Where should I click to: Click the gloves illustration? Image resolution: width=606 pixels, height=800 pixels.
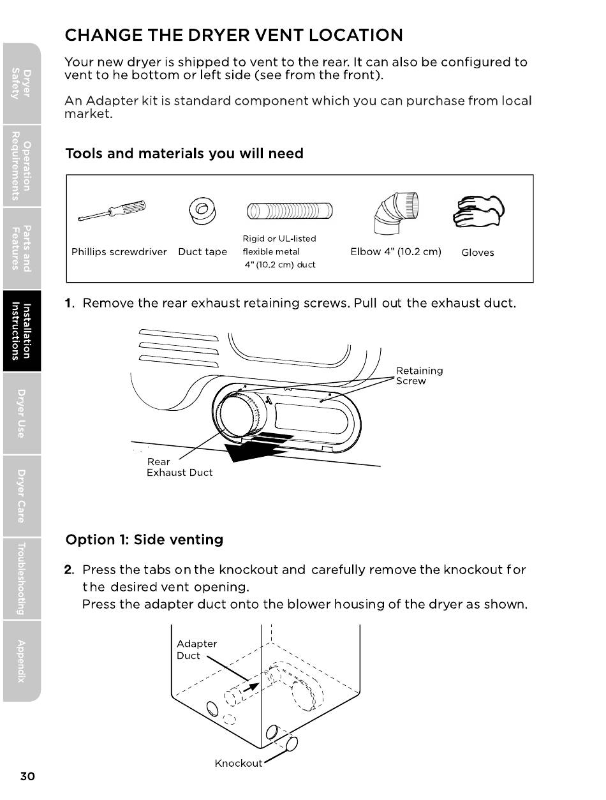coord(477,210)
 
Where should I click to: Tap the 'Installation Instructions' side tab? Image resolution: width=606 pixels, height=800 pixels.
coord(21,331)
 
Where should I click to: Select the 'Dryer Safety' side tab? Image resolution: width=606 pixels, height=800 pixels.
coord(21,83)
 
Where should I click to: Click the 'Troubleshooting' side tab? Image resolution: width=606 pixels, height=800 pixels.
coord(21,579)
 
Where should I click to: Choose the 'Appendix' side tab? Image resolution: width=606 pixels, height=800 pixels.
coord(21,660)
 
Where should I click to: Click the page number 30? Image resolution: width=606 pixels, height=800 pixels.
coord(27,776)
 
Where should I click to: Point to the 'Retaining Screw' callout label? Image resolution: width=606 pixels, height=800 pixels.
coord(419,376)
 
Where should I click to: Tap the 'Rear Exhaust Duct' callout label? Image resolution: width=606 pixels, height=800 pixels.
coord(179,467)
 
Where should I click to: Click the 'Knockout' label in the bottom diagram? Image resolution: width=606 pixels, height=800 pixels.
coord(238,764)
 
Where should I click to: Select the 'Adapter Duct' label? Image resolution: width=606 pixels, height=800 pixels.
coord(196,649)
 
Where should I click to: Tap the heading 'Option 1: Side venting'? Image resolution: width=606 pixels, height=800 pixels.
coord(144,540)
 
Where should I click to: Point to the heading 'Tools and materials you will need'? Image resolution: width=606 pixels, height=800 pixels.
coord(184,154)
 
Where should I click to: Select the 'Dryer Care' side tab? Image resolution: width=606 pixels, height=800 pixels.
coord(21,496)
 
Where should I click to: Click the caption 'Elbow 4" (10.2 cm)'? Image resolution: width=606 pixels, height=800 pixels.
coord(395,251)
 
